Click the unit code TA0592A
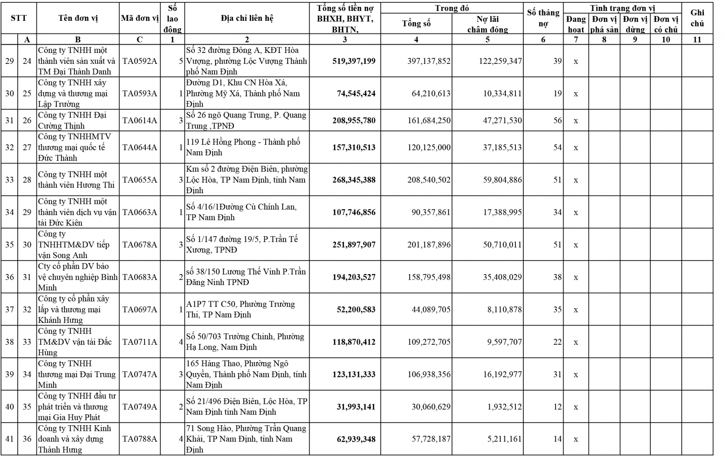pos(139,61)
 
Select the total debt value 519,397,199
pos(354,61)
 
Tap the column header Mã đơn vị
pos(140,18)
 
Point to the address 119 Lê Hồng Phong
pos(243,147)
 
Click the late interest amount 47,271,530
pos(502,121)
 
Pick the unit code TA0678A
pos(139,245)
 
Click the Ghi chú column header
pos(697,18)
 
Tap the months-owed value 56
pos(557,121)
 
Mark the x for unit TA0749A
pos(575,407)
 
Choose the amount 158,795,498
pos(429,277)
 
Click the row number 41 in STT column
pos(9,439)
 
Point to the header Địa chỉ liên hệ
pos(247,18)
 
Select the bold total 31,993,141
pos(356,407)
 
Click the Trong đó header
pos(452,8)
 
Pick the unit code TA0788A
pos(139,439)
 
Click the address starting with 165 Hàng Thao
pos(246,374)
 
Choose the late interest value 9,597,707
pos(504,342)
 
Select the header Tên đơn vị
pos(78,18)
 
